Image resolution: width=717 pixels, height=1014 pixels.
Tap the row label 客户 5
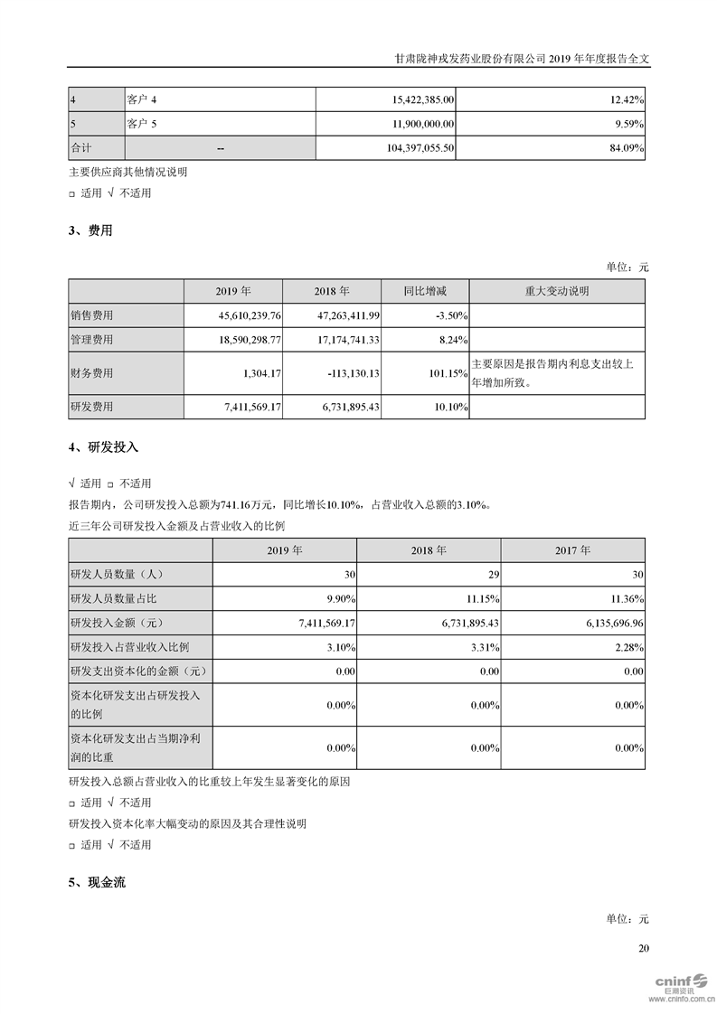(x=144, y=123)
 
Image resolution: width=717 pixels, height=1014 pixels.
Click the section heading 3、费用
(x=90, y=230)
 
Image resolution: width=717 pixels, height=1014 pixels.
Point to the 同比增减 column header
(x=425, y=291)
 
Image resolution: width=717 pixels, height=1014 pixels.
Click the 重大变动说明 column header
(x=557, y=291)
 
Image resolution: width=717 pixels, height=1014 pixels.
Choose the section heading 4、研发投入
(x=103, y=447)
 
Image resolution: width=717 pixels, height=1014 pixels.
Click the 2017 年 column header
(x=572, y=549)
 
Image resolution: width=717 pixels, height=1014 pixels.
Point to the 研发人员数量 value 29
(x=494, y=574)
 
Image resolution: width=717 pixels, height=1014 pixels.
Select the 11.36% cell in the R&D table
(x=628, y=598)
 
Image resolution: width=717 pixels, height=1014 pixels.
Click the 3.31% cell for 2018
(x=486, y=647)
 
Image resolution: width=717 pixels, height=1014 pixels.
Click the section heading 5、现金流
(x=97, y=882)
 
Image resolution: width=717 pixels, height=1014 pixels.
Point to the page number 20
(x=643, y=948)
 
